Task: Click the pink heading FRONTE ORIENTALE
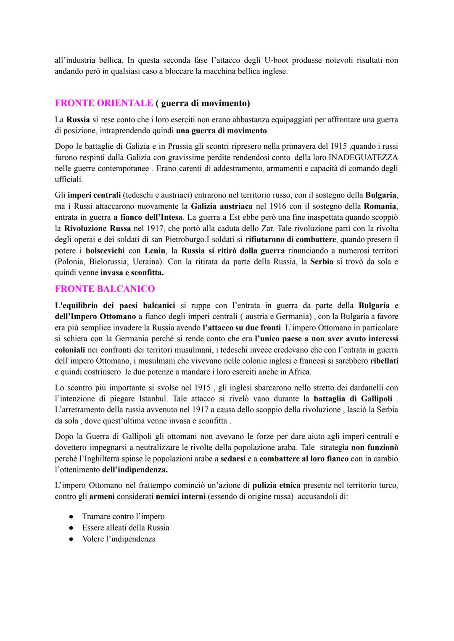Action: (104, 103)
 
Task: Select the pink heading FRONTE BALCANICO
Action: (105, 289)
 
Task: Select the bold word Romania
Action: (380, 206)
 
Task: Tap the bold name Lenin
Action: (155, 251)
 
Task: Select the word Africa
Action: (299, 372)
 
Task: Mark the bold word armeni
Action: (102, 496)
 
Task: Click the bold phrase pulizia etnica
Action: (276, 485)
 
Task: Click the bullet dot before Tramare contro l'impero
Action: (72, 517)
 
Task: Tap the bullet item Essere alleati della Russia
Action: (126, 528)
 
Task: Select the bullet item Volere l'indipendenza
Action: (119, 539)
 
